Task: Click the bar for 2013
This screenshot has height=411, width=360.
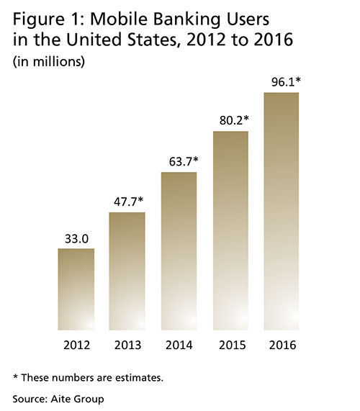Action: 127,272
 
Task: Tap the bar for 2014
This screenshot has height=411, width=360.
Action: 179,252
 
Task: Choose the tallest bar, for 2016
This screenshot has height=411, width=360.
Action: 282,212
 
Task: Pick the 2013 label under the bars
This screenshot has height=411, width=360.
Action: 127,345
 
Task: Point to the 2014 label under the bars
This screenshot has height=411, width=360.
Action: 179,345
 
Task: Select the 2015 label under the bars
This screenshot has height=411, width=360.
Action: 230,345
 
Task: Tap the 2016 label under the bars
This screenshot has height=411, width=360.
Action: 282,345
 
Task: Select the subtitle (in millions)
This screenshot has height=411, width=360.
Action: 49,62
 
